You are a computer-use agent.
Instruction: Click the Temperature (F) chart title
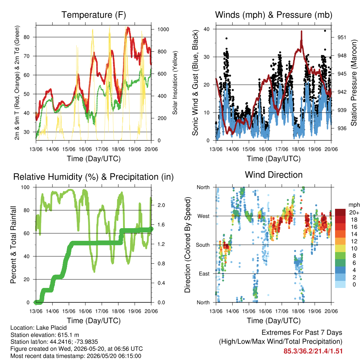coord(94,15)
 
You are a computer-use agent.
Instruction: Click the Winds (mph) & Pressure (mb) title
coord(274,15)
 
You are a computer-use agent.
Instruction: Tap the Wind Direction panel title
coord(274,175)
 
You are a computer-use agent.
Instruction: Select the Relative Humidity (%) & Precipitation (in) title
coord(94,177)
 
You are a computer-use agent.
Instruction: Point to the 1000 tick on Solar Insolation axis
coord(163,30)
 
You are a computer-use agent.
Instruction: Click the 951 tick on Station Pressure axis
coord(342,37)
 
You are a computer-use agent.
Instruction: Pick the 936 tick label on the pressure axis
coord(342,128)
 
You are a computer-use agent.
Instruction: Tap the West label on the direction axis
coord(204,216)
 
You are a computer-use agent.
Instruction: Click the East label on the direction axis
coord(204,274)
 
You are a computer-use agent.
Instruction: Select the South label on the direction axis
coord(203,245)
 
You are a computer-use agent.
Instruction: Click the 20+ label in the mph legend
coord(354,212)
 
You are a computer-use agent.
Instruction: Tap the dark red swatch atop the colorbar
coord(340,212)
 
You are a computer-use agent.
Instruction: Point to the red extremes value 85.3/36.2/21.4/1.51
coord(313,351)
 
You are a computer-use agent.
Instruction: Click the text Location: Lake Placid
coord(39,328)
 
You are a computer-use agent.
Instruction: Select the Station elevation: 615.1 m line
coord(45,335)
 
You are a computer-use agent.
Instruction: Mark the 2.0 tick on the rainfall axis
coord(161,205)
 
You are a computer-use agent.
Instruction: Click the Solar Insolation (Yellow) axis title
coord(175,83)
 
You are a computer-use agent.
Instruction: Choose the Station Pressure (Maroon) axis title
coord(354,83)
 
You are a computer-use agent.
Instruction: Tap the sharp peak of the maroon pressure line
coord(301,31)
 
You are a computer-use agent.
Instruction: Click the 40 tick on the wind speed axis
coord(206,29)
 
